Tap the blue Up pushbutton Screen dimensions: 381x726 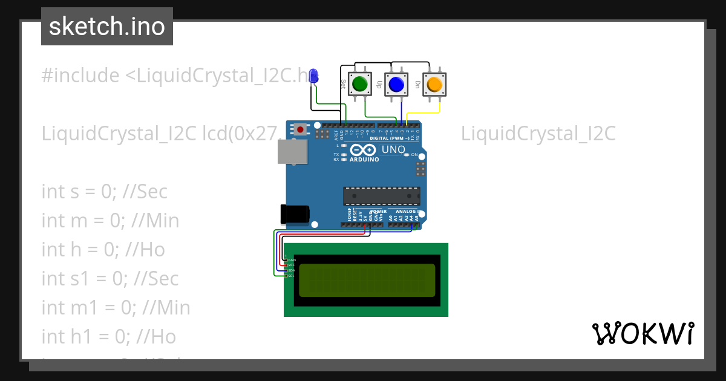[x=396, y=84]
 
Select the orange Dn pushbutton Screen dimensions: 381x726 [x=434, y=84]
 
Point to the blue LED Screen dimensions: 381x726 [x=313, y=76]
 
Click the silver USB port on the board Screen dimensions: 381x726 [x=292, y=151]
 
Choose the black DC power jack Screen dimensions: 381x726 [x=295, y=214]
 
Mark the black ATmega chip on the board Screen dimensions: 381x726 [x=381, y=197]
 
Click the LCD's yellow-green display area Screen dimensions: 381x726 [x=367, y=280]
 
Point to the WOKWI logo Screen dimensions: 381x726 [x=643, y=333]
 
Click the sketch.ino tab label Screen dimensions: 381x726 [x=107, y=27]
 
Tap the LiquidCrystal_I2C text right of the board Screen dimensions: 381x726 [x=538, y=134]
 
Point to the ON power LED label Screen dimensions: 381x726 [x=414, y=155]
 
